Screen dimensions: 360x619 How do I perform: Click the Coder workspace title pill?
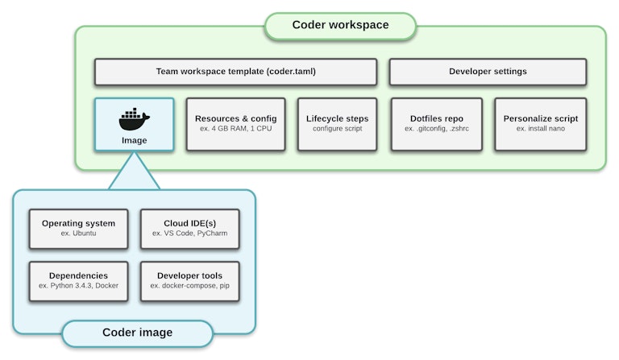(340, 25)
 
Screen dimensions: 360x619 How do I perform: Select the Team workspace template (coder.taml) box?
(235, 72)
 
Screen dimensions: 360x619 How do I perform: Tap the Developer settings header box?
(488, 72)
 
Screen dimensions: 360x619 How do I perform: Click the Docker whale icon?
(134, 119)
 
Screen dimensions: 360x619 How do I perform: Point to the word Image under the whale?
(134, 139)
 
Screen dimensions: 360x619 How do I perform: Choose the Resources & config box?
(235, 124)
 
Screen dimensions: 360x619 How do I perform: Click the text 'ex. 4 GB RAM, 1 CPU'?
(235, 130)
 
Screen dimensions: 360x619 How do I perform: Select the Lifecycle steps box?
(337, 124)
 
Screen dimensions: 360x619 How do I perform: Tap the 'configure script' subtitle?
(337, 130)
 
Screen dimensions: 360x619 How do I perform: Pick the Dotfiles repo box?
(436, 124)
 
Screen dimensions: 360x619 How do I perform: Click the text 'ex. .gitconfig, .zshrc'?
(436, 130)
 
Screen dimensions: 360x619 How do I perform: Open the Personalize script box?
(540, 124)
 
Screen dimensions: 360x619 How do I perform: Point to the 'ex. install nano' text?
(540, 130)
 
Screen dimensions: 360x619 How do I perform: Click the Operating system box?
(78, 229)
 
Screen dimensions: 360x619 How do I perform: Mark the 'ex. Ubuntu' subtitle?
(78, 234)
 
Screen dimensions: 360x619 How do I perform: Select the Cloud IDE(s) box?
(189, 229)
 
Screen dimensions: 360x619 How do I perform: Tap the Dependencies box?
(78, 280)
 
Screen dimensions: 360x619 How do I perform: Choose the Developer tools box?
(189, 280)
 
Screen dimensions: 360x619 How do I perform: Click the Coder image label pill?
(137, 333)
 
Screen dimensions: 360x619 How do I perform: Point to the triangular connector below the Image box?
(134, 173)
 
